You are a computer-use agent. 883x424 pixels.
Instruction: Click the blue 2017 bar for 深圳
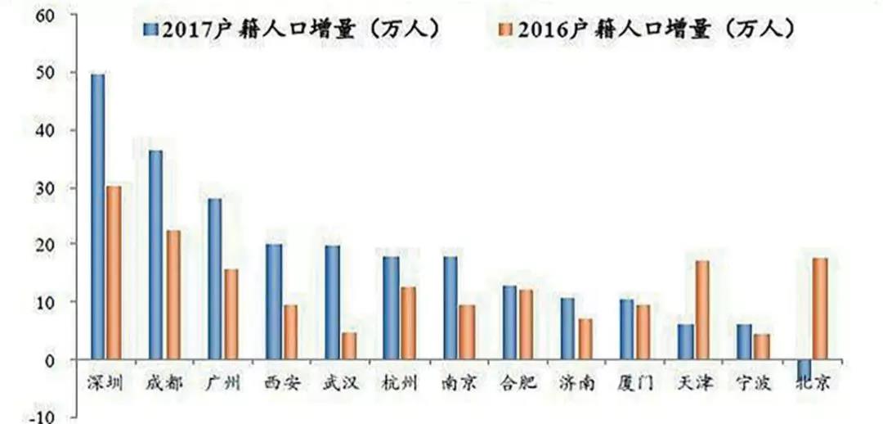[97, 217]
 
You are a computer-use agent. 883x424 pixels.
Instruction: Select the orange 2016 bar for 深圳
[114, 273]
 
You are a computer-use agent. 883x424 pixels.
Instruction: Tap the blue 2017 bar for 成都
[155, 255]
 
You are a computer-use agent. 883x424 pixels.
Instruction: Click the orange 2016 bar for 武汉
[348, 345]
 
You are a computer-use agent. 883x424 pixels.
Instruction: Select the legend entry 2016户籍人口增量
[646, 29]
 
